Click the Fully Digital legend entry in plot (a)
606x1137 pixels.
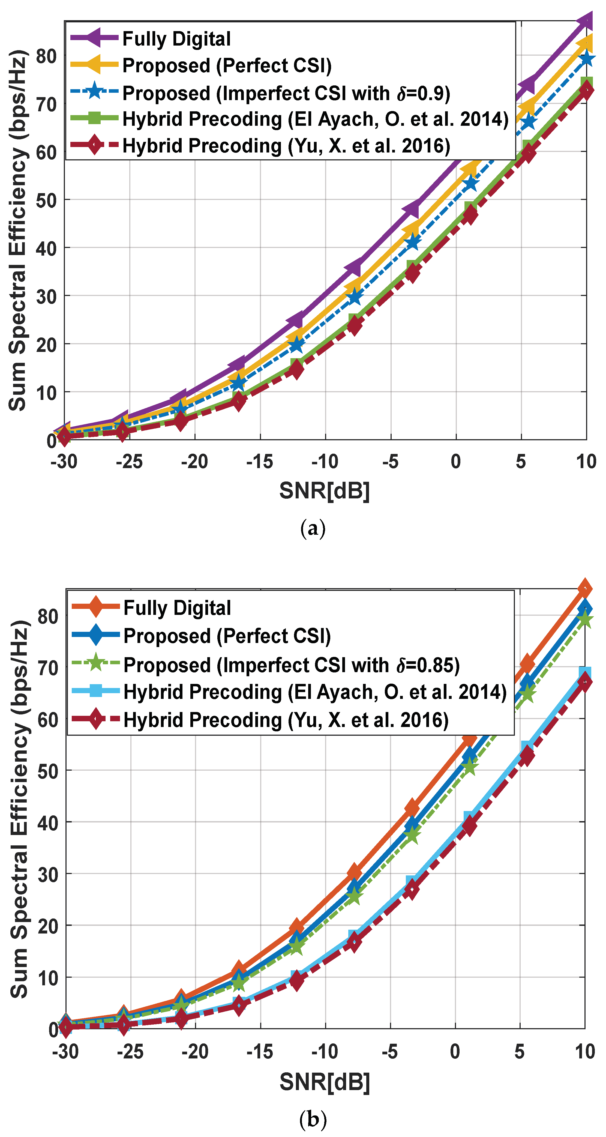click(176, 39)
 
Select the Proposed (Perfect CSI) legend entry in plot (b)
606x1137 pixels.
click(227, 636)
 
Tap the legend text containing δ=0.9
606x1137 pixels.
click(286, 93)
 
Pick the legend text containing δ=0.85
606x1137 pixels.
click(291, 665)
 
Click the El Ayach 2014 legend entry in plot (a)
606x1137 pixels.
click(315, 119)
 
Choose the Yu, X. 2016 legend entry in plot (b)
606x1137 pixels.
click(286, 720)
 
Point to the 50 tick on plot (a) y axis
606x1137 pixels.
click(46, 201)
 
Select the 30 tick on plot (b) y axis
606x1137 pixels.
click(48, 874)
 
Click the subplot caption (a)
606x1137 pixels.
click(313, 528)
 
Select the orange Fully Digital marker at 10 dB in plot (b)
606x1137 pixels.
click(585, 589)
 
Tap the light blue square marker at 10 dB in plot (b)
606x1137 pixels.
click(585, 673)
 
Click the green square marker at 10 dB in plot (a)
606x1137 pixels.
click(586, 83)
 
